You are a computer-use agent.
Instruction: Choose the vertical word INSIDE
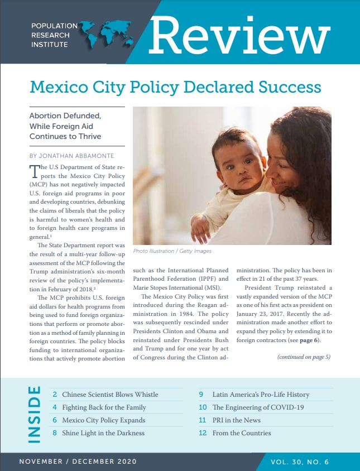pyautogui.click(x=33, y=414)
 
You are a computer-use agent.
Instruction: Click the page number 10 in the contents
pyautogui.click(x=203, y=407)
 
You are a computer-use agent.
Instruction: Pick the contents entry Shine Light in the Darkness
pyautogui.click(x=103, y=433)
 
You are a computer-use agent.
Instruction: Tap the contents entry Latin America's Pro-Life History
pyautogui.click(x=261, y=395)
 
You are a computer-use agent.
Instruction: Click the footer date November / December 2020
pyautogui.click(x=78, y=462)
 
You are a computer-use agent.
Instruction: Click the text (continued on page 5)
pyautogui.click(x=304, y=357)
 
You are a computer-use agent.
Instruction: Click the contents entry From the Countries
pyautogui.click(x=242, y=433)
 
